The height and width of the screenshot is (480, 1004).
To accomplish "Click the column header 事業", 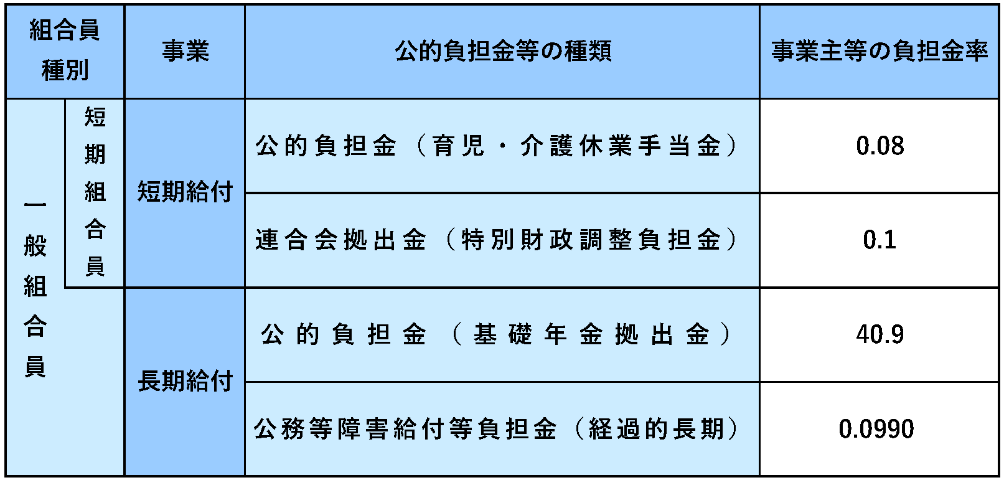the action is pyautogui.click(x=185, y=50).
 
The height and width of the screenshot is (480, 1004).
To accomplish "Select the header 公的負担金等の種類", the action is pyautogui.click(x=503, y=50).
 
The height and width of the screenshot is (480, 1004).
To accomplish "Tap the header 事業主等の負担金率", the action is pyautogui.click(x=880, y=50).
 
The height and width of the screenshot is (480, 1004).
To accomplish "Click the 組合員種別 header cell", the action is pyautogui.click(x=65, y=50).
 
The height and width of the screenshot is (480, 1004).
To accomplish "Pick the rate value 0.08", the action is pyautogui.click(x=880, y=146).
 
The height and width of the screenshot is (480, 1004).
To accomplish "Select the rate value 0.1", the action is pyautogui.click(x=880, y=240).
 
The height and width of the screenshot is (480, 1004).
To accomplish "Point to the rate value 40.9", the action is pyautogui.click(x=880, y=334).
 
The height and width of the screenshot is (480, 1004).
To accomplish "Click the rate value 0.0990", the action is pyautogui.click(x=876, y=429).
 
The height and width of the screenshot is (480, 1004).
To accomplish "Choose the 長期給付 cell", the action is pyautogui.click(x=185, y=381).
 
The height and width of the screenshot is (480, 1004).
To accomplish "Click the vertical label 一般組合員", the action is pyautogui.click(x=35, y=287).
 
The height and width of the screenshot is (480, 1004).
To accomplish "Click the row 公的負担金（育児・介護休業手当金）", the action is pyautogui.click(x=497, y=146).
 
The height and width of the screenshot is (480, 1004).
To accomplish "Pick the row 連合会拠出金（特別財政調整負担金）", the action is pyautogui.click(x=497, y=240).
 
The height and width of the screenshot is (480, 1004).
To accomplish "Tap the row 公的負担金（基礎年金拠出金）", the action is pyautogui.click(x=497, y=334).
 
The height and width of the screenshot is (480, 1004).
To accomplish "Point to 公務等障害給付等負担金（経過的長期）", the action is pyautogui.click(x=497, y=429).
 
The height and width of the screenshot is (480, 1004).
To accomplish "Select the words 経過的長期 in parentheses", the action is pyautogui.click(x=656, y=429).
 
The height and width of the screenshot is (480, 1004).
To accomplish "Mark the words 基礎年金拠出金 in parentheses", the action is pyautogui.click(x=591, y=334).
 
